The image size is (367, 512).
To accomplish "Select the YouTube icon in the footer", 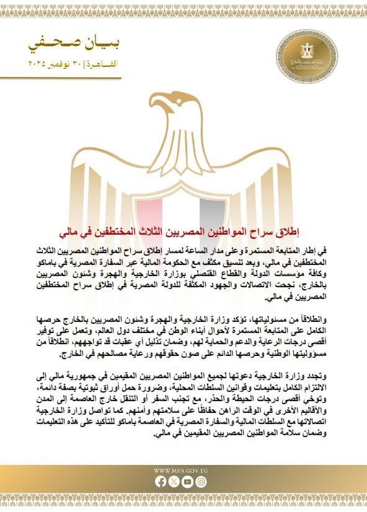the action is pos(190,481).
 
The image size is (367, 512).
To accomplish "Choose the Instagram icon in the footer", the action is pos(201,481).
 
